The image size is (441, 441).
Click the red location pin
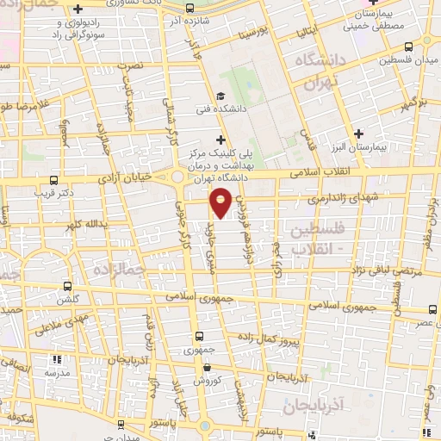pos(221,202)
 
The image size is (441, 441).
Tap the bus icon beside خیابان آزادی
pos(54,181)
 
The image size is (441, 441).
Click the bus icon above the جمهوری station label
pos(200,337)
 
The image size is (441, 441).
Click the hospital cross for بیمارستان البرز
pos(358,133)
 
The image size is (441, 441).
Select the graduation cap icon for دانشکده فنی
pos(221,96)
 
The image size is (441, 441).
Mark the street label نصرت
pos(131,66)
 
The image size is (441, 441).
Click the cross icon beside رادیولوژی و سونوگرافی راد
pos(77,8)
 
